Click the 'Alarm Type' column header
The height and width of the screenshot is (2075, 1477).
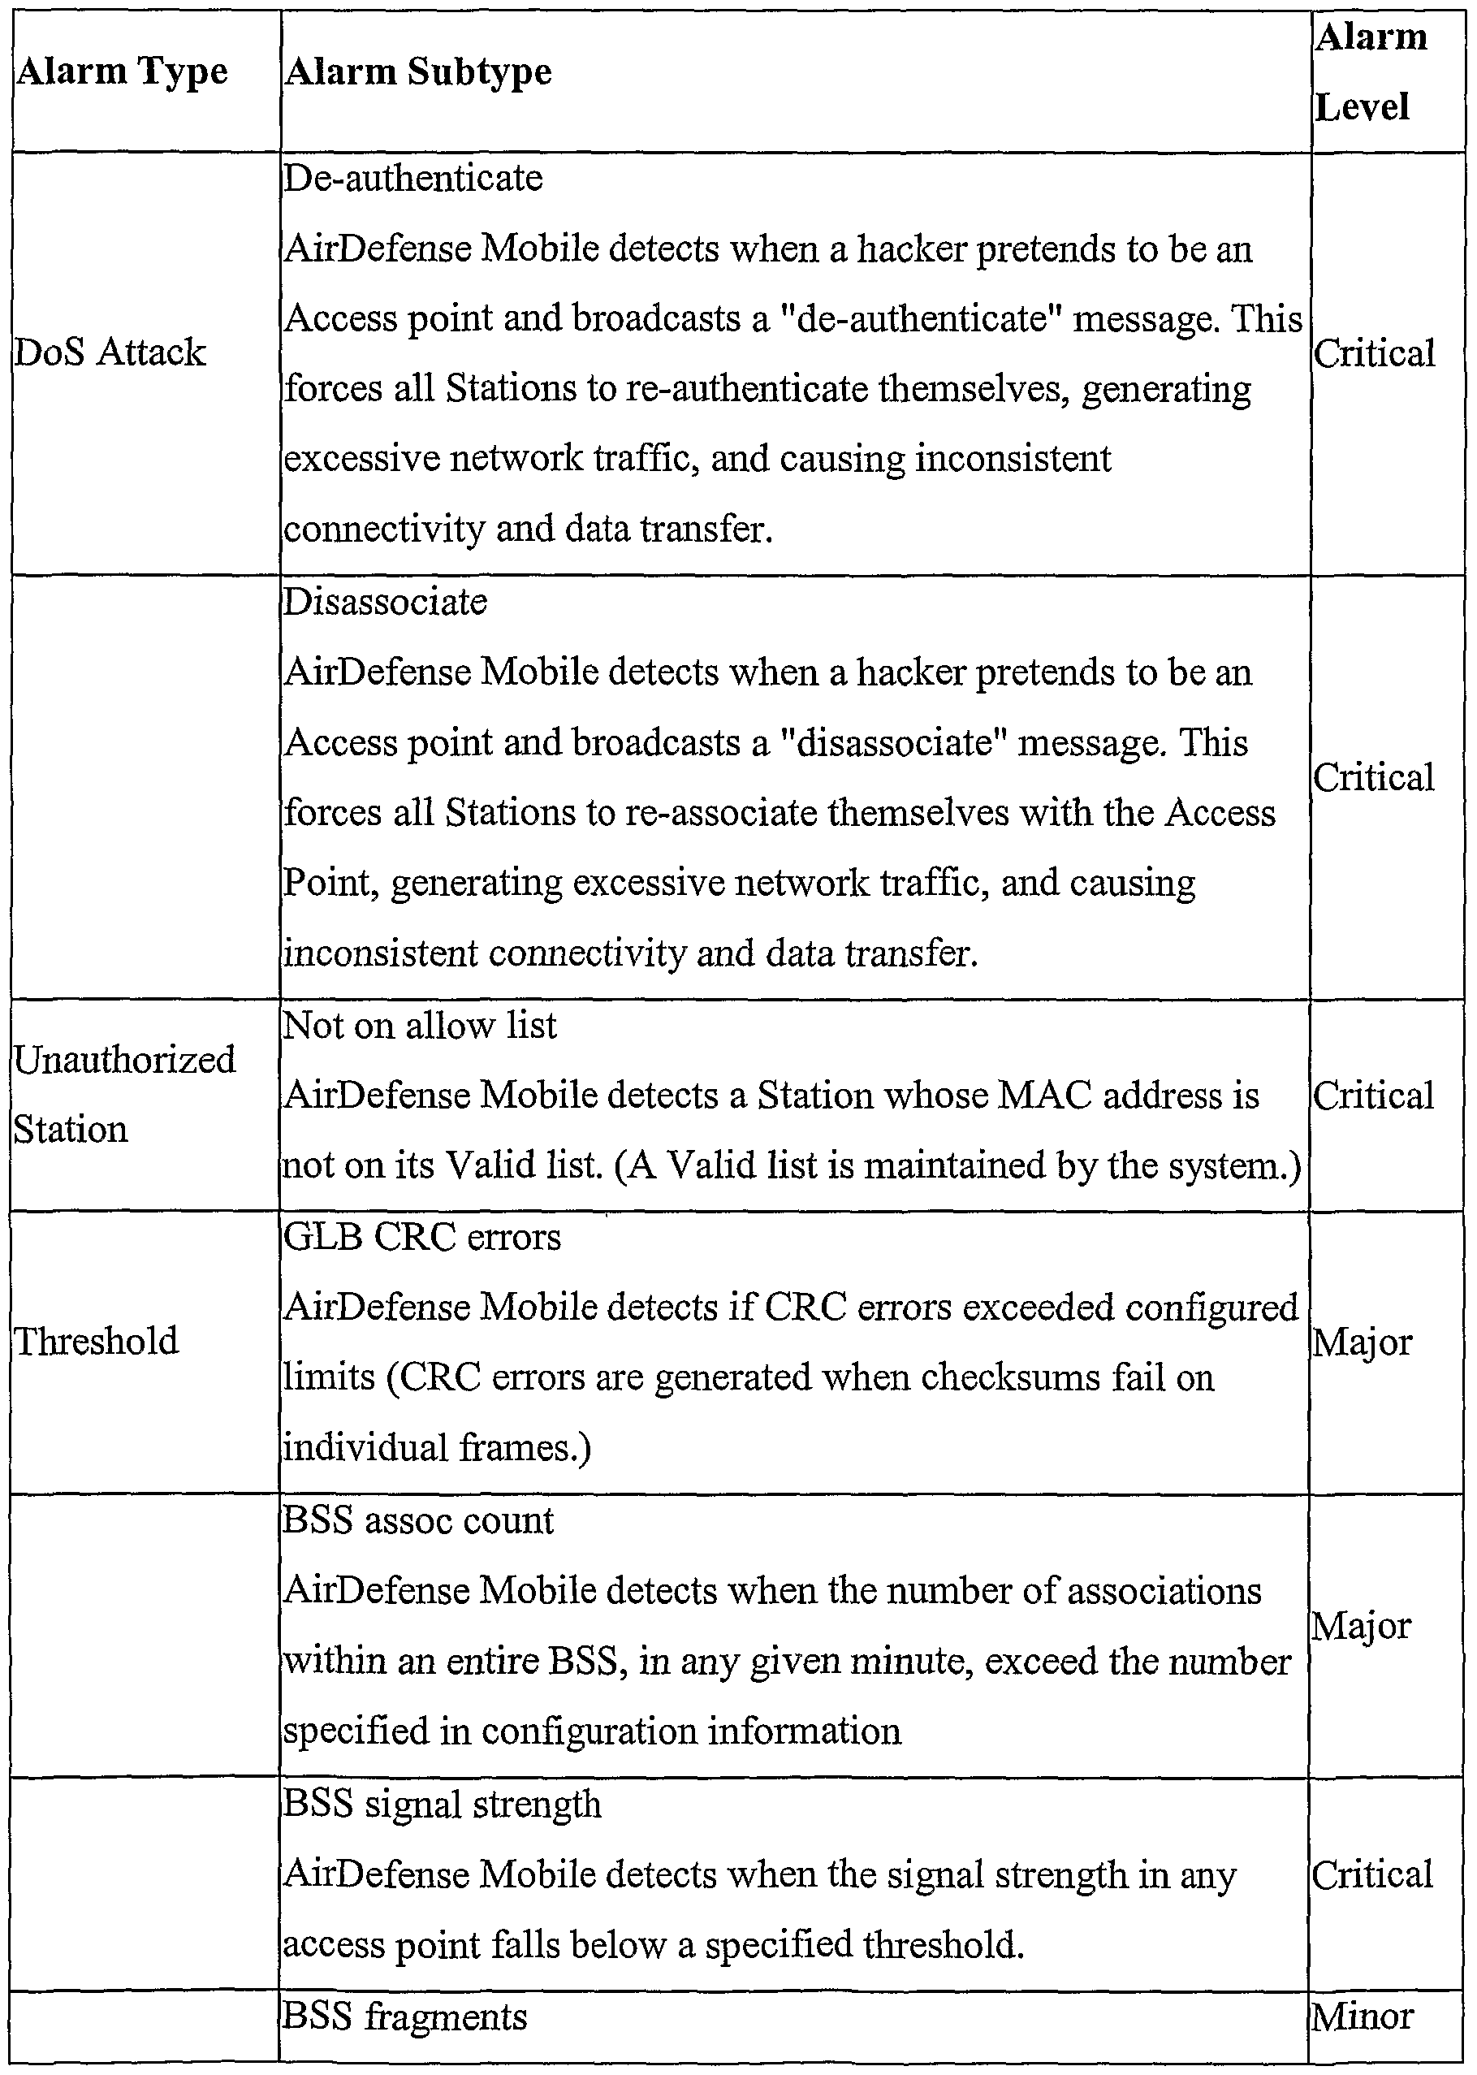point(122,71)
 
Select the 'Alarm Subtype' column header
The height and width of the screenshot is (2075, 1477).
point(417,71)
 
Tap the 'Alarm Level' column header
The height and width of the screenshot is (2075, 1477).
point(1371,71)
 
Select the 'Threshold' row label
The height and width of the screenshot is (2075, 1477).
point(97,1341)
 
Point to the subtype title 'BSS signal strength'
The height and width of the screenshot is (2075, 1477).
point(442,1804)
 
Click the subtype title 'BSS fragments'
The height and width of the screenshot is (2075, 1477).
point(404,2017)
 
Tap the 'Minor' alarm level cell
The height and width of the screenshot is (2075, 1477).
point(1362,2017)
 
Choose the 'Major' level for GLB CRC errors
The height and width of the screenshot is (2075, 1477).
point(1362,1342)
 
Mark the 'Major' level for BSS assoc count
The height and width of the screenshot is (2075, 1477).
point(1361,1627)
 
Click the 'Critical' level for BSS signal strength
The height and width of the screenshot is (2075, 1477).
point(1371,1874)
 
